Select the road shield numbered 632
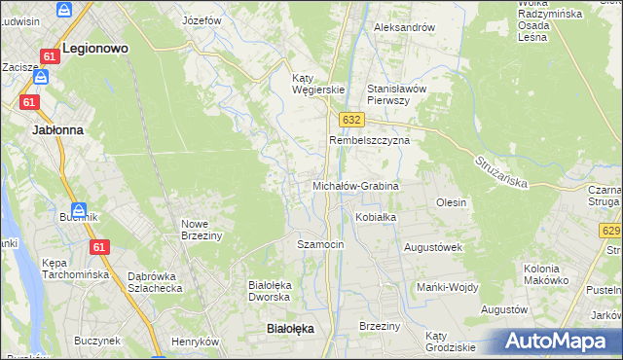pyautogui.click(x=352, y=119)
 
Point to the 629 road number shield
pyautogui.click(x=611, y=231)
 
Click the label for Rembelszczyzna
pyautogui.click(x=369, y=140)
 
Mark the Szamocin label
pyautogui.click(x=320, y=244)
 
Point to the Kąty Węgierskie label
pyautogui.click(x=319, y=84)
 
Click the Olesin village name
pyautogui.click(x=452, y=202)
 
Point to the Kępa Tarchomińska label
pyautogui.click(x=75, y=269)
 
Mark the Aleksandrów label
pyautogui.click(x=404, y=27)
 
